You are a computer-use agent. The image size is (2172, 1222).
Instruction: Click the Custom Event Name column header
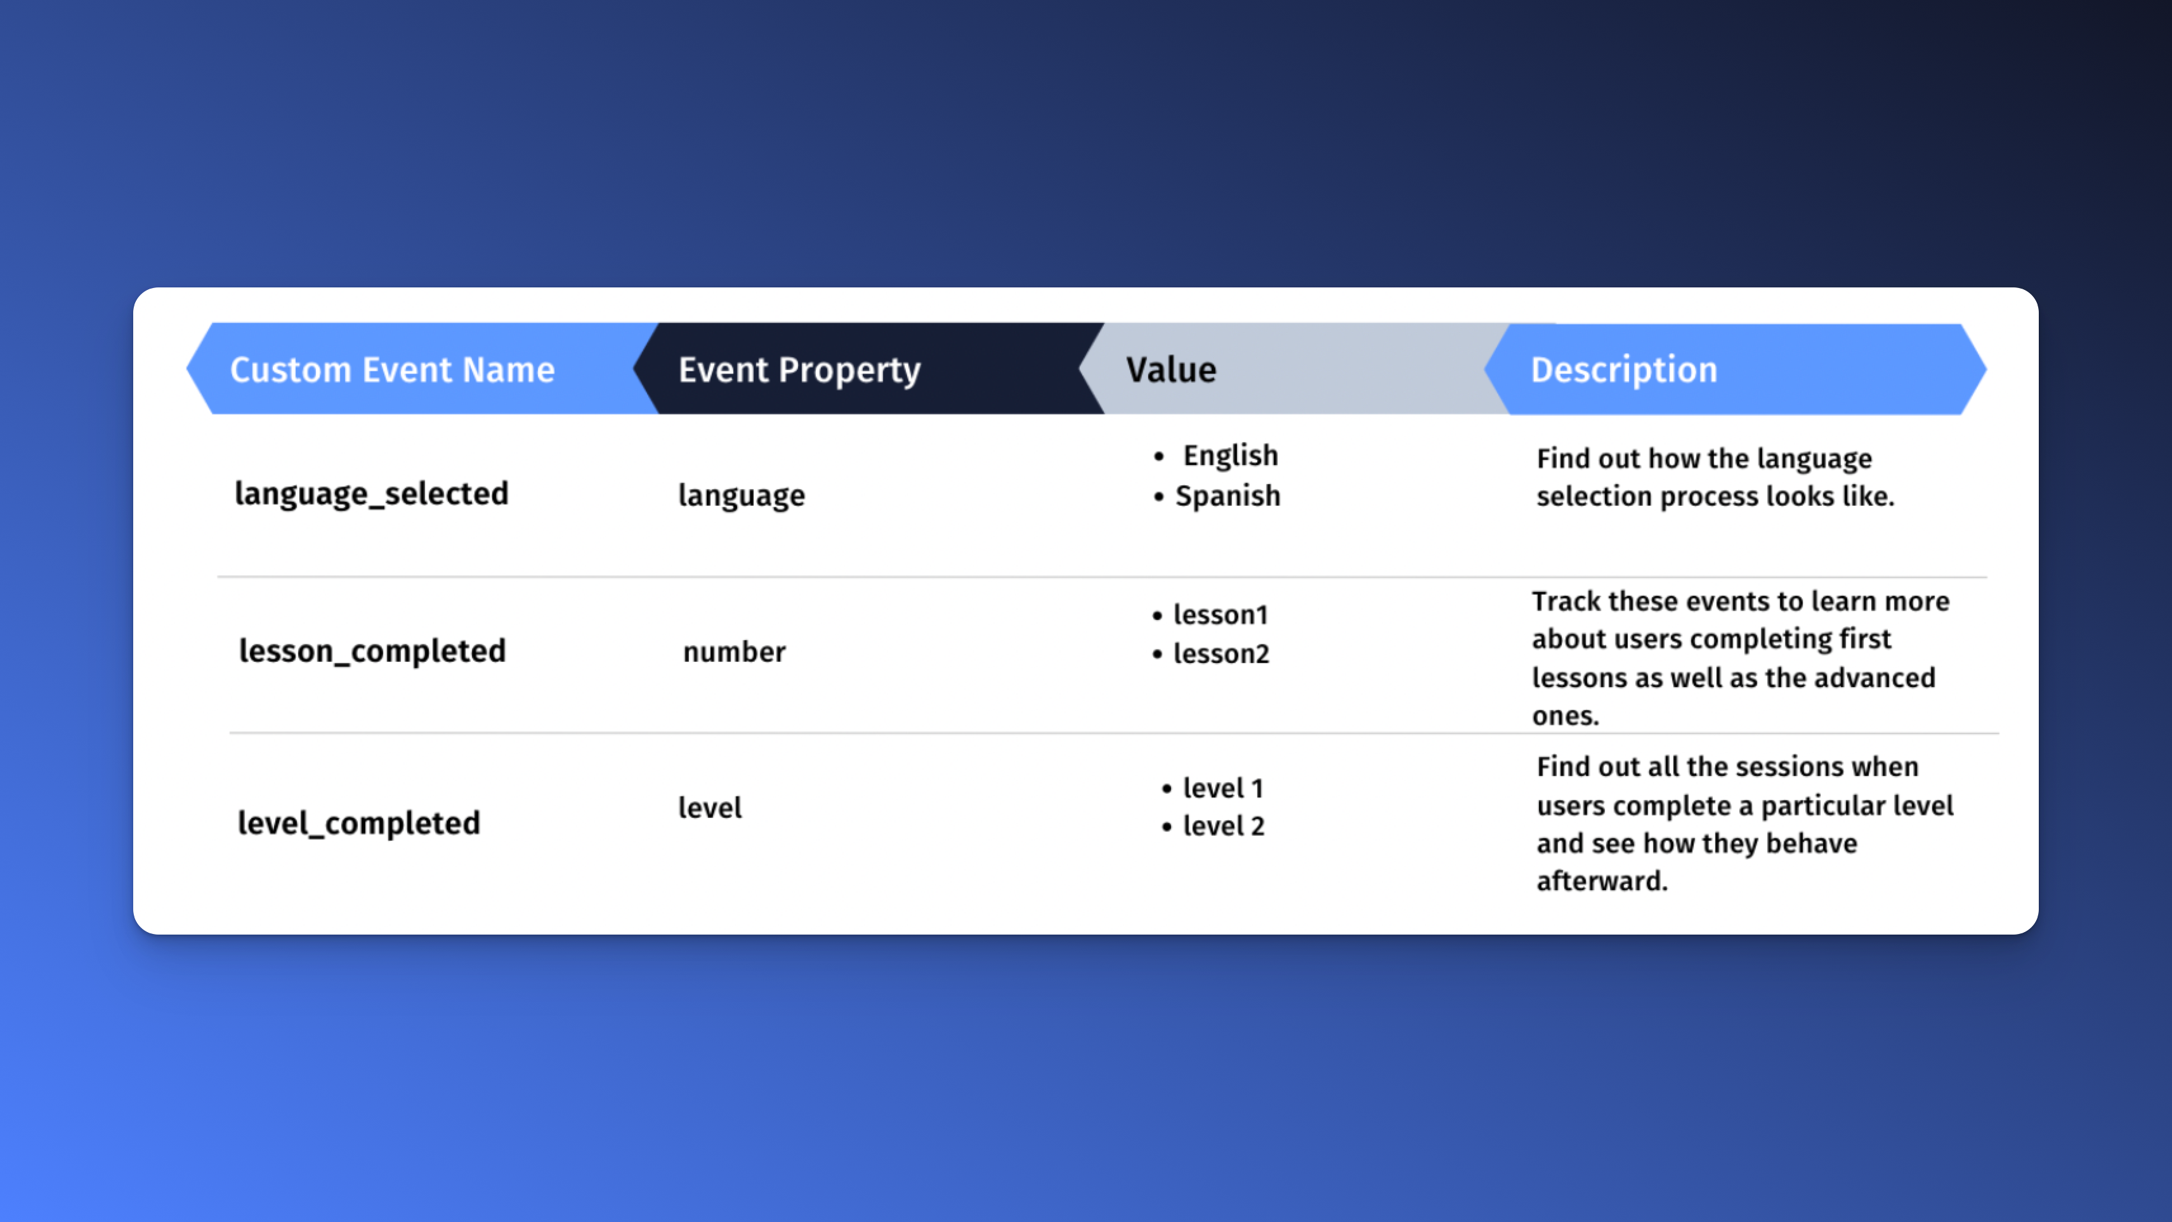coord(392,369)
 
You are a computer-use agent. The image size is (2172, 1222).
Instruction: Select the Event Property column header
coord(799,369)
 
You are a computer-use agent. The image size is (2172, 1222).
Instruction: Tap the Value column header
coord(1171,369)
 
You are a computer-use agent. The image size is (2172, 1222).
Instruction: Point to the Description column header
coord(1623,369)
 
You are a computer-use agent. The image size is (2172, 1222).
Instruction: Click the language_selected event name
coord(371,494)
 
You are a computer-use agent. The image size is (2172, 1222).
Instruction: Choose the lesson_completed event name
coord(372,651)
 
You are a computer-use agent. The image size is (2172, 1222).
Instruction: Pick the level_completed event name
coord(358,823)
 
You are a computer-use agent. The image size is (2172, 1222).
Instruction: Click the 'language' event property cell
coord(741,495)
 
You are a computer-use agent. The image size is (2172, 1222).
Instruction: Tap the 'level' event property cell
coord(710,808)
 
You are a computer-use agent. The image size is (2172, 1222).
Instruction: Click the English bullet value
coord(1230,456)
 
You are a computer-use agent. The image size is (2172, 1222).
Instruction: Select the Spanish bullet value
coord(1227,496)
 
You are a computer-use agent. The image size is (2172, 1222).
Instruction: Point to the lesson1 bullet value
coord(1220,615)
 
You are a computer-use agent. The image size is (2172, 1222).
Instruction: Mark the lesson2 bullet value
coord(1221,654)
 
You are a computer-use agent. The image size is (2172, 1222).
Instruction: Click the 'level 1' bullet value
coord(1222,787)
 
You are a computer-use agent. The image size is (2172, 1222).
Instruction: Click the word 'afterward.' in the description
coord(1601,881)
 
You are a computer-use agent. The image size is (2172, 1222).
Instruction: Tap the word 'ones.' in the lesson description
coord(1565,716)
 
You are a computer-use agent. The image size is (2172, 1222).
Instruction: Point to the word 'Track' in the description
coord(1566,601)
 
